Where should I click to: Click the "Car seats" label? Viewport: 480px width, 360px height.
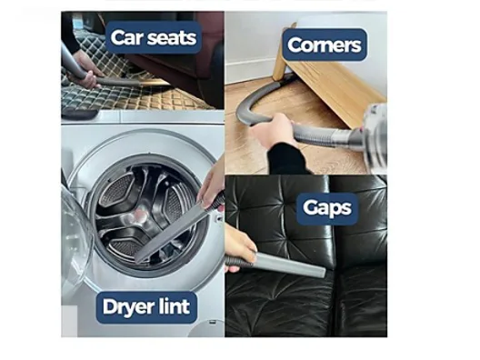pos(154,37)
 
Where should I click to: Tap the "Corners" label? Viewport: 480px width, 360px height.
pos(325,45)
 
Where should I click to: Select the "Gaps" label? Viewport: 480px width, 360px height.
pos(327,208)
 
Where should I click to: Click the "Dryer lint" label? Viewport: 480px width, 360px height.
pos(146,307)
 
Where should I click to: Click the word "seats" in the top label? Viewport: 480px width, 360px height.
pos(172,38)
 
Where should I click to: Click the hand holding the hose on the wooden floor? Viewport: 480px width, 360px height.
pos(273,128)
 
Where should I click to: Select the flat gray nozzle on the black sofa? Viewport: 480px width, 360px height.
pos(290,265)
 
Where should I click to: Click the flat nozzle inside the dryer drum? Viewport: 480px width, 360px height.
pos(172,231)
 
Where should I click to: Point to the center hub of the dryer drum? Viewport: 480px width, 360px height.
pos(140,215)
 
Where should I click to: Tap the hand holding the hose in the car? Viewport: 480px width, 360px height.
pos(85,67)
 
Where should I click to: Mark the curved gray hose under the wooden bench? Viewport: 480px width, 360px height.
pos(264,101)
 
